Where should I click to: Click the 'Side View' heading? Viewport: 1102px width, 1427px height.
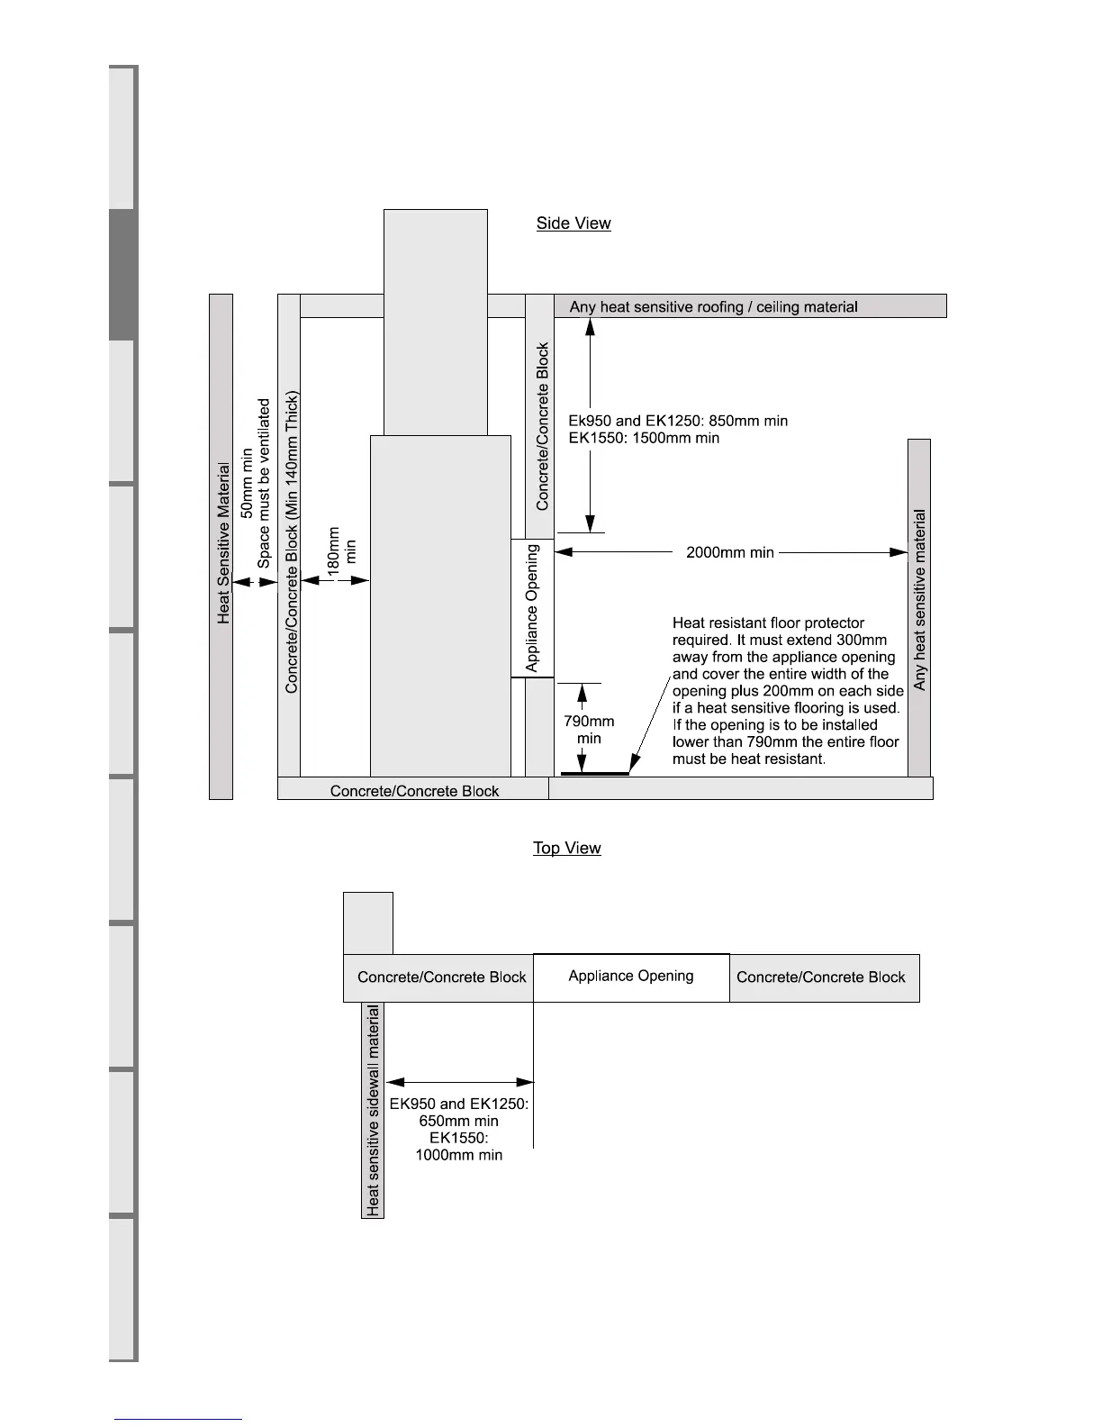pyautogui.click(x=574, y=223)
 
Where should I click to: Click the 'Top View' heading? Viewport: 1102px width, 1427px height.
pyautogui.click(x=566, y=848)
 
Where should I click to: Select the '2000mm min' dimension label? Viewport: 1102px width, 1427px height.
pyautogui.click(x=729, y=552)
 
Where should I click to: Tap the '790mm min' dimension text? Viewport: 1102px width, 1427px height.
pyautogui.click(x=589, y=730)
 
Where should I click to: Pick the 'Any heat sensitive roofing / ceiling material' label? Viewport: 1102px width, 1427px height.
pyautogui.click(x=713, y=307)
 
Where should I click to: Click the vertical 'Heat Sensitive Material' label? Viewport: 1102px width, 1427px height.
pyautogui.click(x=223, y=543)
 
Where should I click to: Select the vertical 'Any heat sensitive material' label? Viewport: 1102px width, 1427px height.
pyautogui.click(x=919, y=600)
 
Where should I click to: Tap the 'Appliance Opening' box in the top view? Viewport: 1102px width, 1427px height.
pyautogui.click(x=631, y=977)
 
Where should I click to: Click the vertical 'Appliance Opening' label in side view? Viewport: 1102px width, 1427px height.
pyautogui.click(x=532, y=608)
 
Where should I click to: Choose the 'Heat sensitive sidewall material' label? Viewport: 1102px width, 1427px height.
pyautogui.click(x=373, y=1110)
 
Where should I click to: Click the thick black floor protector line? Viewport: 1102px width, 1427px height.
pyautogui.click(x=595, y=773)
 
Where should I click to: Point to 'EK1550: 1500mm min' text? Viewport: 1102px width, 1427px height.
pyautogui.click(x=644, y=438)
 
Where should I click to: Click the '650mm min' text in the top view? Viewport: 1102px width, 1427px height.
pyautogui.click(x=458, y=1121)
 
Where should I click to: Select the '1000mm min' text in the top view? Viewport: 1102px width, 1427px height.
pyautogui.click(x=458, y=1155)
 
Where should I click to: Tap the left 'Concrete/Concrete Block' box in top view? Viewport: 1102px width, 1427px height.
pyautogui.click(x=441, y=977)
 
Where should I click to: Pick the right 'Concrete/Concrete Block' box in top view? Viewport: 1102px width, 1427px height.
pyautogui.click(x=820, y=977)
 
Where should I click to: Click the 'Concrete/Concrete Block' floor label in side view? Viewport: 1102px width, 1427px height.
pyautogui.click(x=414, y=791)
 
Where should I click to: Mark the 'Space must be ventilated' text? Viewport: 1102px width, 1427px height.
pyautogui.click(x=264, y=484)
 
